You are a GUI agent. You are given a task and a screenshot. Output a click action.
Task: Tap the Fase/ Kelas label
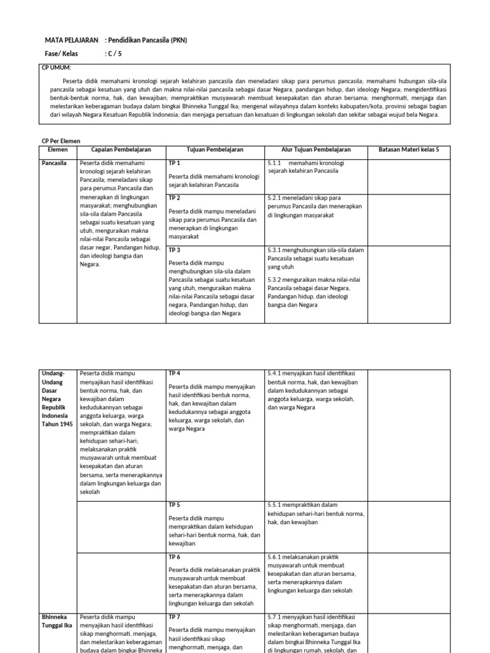pos(61,54)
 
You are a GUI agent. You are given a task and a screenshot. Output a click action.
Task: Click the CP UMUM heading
pos(57,68)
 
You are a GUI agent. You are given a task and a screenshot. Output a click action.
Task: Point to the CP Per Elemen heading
pos(61,141)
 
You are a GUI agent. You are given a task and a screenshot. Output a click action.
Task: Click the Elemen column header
pos(57,150)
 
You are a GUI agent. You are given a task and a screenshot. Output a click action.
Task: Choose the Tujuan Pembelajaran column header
pos(215,150)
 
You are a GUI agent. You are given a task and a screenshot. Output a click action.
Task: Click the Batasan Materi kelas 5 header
pos(408,150)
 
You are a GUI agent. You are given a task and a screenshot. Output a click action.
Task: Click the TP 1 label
pos(174,163)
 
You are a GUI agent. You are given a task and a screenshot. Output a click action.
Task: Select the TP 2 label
pos(174,198)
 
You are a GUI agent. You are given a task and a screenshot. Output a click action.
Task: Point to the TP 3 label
pos(174,250)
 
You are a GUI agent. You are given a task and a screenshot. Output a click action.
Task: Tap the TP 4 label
pos(174,372)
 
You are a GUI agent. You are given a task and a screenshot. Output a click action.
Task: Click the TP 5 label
pos(174,504)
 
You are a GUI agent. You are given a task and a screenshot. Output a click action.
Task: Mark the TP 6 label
pos(174,557)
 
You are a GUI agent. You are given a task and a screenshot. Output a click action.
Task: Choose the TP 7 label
pos(174,617)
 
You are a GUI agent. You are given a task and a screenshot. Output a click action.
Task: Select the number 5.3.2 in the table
pos(276,279)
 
